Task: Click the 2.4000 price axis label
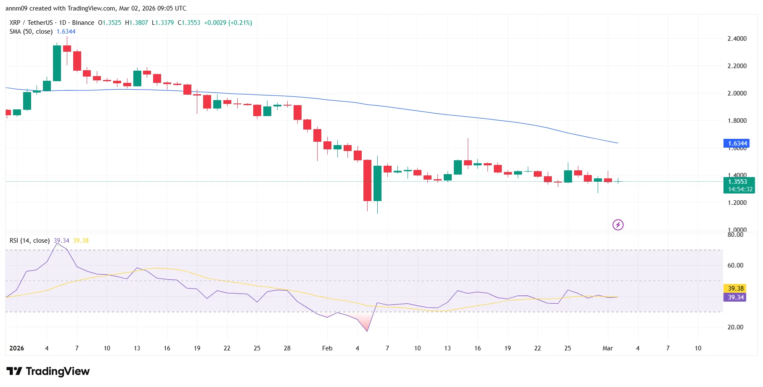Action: [x=737, y=39]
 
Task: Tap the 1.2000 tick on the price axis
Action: [x=737, y=203]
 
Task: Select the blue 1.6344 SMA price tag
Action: [x=736, y=143]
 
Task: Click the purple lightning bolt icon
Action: [x=618, y=225]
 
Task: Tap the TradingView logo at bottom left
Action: [x=48, y=371]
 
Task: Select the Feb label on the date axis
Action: [x=327, y=348]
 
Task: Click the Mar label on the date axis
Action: [x=608, y=348]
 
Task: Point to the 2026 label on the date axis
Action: [x=17, y=348]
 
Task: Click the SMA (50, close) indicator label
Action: [x=31, y=32]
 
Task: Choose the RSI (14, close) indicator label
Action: [x=29, y=241]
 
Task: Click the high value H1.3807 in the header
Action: [x=136, y=23]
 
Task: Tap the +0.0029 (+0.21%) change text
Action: [x=228, y=23]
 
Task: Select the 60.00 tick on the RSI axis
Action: [x=735, y=265]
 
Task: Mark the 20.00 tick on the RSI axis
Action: [x=735, y=327]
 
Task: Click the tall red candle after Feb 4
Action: [x=367, y=181]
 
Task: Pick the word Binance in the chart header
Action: [x=83, y=23]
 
